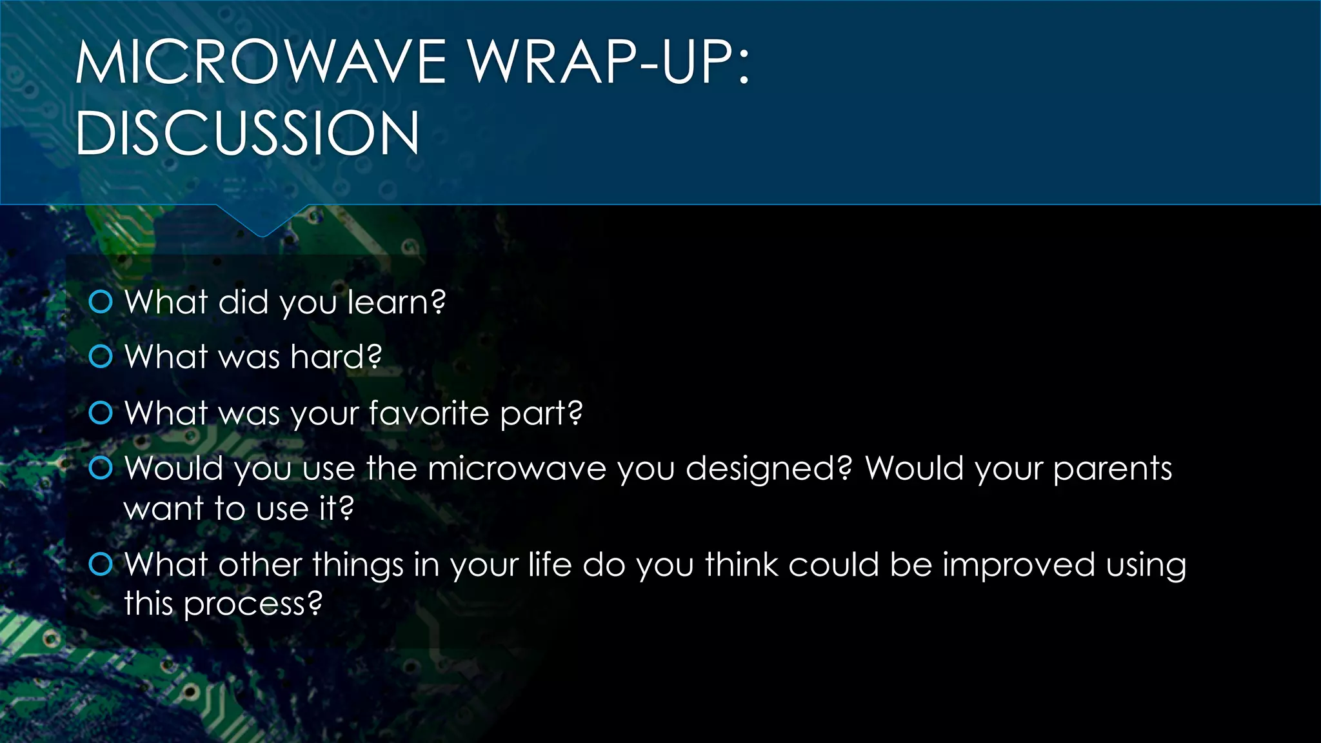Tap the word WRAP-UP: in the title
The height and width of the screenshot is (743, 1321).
tap(609, 62)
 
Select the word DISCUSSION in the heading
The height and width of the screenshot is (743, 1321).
tap(247, 133)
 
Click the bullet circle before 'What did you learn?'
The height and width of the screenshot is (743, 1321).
tap(101, 301)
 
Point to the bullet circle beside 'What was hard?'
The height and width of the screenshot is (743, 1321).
tap(101, 356)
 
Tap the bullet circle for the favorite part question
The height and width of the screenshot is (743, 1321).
tap(101, 413)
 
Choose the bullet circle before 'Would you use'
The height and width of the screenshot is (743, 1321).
tap(101, 468)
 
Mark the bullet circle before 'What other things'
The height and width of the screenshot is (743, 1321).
tap(101, 564)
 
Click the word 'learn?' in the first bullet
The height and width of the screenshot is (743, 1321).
tap(396, 302)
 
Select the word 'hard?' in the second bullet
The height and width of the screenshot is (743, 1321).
tap(336, 357)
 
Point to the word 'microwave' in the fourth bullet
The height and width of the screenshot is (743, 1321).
tap(517, 469)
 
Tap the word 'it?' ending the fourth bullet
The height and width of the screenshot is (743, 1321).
tap(337, 509)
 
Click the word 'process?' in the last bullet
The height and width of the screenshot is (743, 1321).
tap(252, 605)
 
